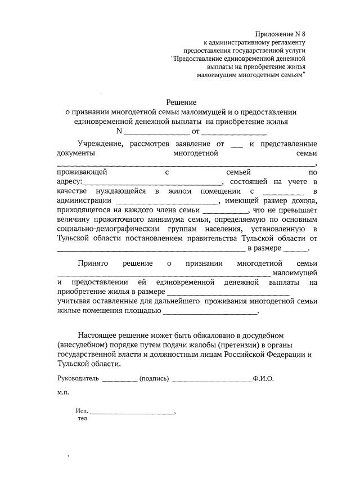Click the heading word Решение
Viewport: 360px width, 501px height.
(x=181, y=102)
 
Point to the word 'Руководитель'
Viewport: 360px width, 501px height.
(x=78, y=378)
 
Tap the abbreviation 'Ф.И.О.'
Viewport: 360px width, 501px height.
(x=263, y=378)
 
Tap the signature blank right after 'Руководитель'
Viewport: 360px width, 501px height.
(x=120, y=380)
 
